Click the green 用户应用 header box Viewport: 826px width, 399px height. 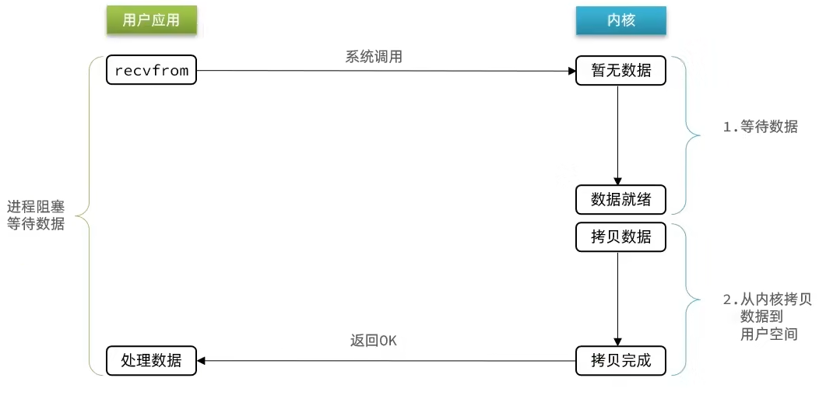(151, 20)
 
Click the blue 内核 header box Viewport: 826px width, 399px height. (620, 20)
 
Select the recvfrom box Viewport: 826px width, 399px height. (151, 71)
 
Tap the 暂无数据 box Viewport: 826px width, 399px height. (620, 72)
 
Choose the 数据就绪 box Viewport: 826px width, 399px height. (620, 199)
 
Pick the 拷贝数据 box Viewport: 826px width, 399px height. (620, 237)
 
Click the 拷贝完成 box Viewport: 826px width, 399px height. (620, 361)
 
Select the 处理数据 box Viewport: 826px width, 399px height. (151, 361)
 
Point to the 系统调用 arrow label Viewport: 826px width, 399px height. (374, 57)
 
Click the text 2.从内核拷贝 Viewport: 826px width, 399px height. (768, 300)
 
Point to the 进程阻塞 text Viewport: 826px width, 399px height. (35, 208)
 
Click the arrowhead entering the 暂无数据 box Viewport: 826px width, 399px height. (571, 72)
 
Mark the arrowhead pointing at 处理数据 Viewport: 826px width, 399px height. (200, 361)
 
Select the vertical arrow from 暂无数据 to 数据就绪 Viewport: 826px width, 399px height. (617, 132)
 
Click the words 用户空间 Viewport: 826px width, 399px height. (769, 334)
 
